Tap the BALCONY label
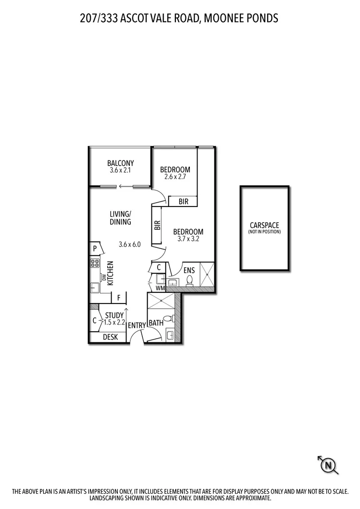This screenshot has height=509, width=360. point(121,163)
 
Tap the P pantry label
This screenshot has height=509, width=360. point(95,248)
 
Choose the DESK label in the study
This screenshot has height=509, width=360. point(110,337)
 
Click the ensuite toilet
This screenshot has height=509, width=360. point(189,279)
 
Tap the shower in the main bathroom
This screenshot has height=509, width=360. point(162,302)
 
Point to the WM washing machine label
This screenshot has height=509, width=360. point(160,288)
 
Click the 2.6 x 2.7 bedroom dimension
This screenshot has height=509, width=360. point(175,177)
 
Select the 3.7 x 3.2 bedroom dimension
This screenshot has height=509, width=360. point(188,239)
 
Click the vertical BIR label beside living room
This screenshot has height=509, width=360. point(157,225)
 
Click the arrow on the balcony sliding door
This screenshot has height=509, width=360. point(126,186)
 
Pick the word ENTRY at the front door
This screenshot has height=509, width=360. point(137,325)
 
